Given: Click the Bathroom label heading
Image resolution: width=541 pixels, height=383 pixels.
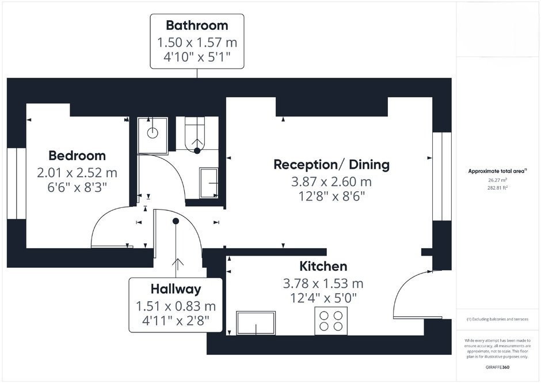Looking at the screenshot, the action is tap(197, 25).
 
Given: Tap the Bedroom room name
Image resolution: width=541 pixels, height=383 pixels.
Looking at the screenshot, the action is tap(77, 156).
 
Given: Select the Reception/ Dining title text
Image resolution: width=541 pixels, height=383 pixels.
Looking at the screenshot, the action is tap(332, 165).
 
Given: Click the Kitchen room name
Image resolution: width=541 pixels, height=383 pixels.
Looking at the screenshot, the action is tap(323, 266).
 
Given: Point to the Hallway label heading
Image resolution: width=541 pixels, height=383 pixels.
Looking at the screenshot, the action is tap(176, 289).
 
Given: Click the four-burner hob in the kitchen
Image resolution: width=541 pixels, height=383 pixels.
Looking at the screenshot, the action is tap(331, 321).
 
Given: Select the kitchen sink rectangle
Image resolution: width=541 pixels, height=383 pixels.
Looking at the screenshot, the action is tap(256, 323).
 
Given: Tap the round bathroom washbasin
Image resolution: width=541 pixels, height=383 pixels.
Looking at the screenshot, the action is tap(153, 132).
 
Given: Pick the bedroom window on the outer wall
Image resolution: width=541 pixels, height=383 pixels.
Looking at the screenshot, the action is tap(17, 183).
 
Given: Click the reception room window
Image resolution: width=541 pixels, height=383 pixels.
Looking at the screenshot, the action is tap(442, 176).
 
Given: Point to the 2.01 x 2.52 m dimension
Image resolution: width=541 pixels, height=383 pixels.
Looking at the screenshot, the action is tap(77, 173).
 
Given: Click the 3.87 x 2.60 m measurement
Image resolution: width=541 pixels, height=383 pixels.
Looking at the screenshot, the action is tap(332, 181).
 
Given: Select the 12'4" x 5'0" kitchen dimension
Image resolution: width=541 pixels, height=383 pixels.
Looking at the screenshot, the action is tap(323, 298).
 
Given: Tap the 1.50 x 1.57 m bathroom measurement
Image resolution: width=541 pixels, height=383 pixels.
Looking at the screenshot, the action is tap(197, 43).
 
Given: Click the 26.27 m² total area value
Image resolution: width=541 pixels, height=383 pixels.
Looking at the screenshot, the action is tap(497, 180).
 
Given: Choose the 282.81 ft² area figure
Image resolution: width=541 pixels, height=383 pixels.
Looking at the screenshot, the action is tap(497, 188).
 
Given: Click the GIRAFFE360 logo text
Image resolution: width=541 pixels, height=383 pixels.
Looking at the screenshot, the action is tap(497, 367).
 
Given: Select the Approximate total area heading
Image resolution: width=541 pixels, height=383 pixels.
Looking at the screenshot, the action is tap(497, 171).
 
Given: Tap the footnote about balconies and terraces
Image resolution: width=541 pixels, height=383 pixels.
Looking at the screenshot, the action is tap(497, 319).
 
